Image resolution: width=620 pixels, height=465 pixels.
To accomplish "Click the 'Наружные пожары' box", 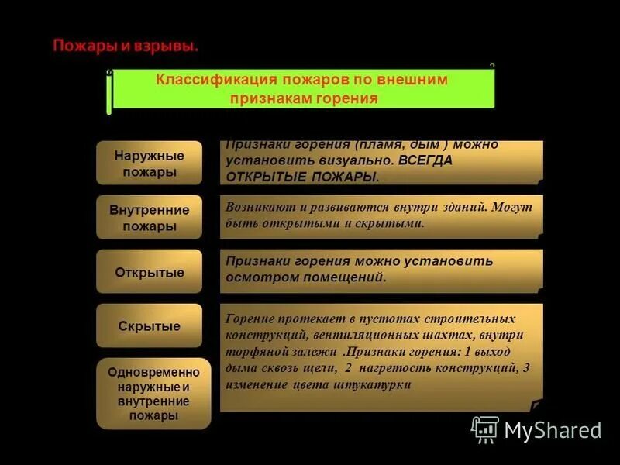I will click(149, 164).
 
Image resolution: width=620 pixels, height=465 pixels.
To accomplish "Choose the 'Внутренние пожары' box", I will click(149, 218).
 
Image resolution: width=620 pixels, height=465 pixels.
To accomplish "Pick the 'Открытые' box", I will click(149, 273).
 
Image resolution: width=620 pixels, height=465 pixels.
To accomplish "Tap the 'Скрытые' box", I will click(149, 326).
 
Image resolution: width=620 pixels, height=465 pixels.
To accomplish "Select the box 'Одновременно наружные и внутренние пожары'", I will click(153, 393).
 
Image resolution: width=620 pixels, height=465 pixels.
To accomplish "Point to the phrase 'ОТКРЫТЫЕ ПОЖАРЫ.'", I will click(303, 177).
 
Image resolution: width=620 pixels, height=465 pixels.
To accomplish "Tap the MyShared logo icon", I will click(485, 429).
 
